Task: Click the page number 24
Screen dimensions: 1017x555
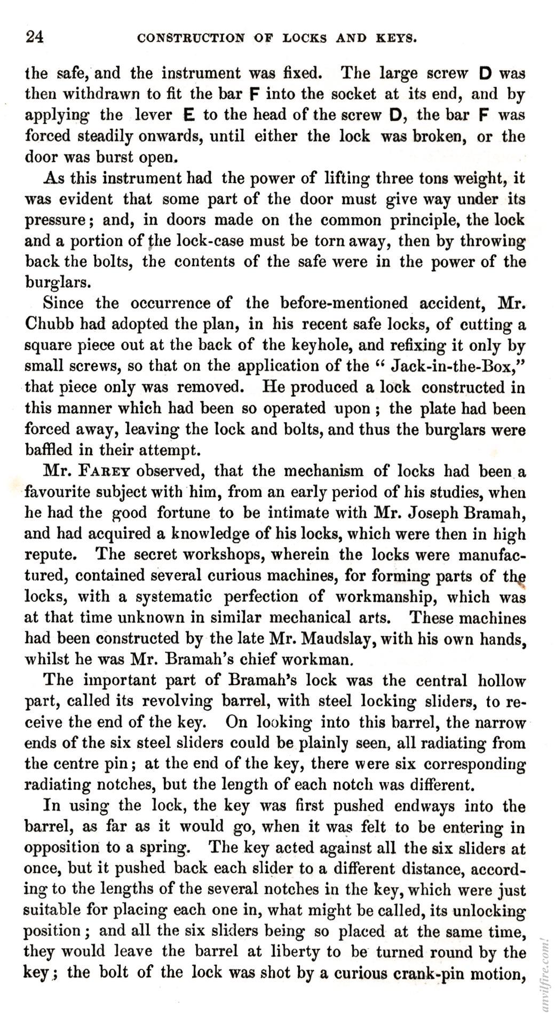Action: [x=34, y=37]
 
